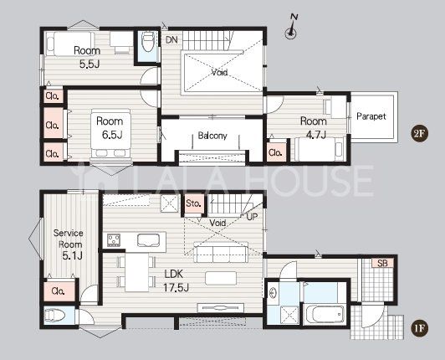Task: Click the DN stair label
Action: [171, 40]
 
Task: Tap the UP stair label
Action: [253, 217]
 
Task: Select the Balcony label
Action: [212, 136]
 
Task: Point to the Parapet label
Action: [371, 116]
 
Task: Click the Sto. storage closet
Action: [193, 203]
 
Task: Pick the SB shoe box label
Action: [382, 263]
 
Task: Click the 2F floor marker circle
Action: [419, 133]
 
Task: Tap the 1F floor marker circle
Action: [419, 328]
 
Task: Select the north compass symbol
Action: [291, 27]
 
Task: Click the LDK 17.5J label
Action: [176, 281]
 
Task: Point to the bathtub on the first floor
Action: [325, 315]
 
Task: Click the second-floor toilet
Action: [147, 42]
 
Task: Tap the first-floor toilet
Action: [55, 316]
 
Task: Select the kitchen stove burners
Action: [114, 240]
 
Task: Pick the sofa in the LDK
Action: [221, 252]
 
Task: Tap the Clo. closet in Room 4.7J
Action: [275, 152]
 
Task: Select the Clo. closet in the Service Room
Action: [59, 291]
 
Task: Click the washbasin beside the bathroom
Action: [273, 293]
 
